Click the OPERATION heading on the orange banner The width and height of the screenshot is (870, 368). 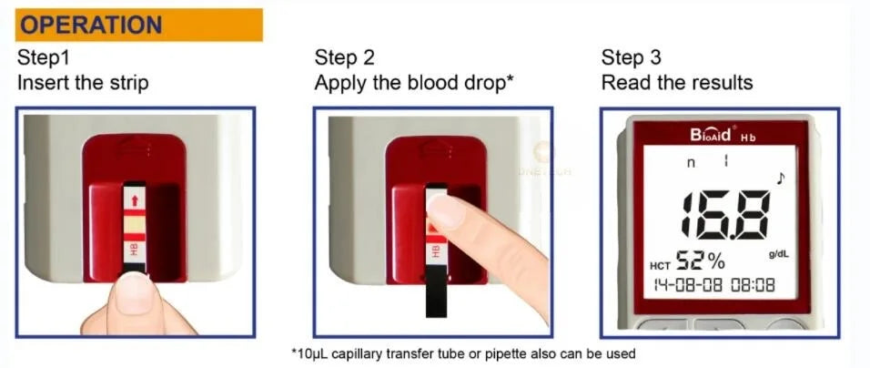(92, 25)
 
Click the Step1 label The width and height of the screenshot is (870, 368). (44, 57)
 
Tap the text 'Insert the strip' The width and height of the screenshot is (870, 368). (83, 83)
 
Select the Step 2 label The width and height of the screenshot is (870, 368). (345, 57)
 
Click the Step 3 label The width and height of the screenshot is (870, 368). (632, 57)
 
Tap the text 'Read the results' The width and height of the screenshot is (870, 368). (677, 83)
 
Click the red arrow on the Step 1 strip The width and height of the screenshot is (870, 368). (134, 199)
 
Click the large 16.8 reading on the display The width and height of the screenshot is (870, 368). (724, 215)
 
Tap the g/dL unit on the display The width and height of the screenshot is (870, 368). (779, 254)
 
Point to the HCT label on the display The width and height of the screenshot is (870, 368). (660, 266)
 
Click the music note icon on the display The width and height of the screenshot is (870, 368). (781, 179)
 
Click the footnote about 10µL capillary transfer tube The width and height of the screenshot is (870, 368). (463, 353)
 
